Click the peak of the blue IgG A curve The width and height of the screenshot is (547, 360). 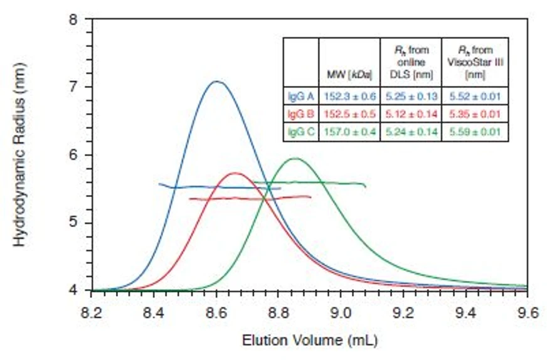pyautogui.click(x=217, y=82)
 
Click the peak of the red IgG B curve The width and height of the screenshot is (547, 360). pyautogui.click(x=235, y=173)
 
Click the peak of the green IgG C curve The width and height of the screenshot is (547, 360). pyautogui.click(x=294, y=158)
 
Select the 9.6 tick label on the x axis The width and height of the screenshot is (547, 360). pyautogui.click(x=526, y=312)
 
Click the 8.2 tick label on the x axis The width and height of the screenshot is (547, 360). pyautogui.click(x=93, y=312)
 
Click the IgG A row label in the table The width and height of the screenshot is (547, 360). pyautogui.click(x=300, y=97)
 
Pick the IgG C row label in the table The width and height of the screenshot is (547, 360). pyautogui.click(x=300, y=132)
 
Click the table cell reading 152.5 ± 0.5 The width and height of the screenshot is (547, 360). pyautogui.click(x=349, y=114)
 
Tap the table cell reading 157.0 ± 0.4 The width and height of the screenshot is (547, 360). pyautogui.click(x=349, y=132)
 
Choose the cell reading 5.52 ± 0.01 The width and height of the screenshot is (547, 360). pyautogui.click(x=474, y=97)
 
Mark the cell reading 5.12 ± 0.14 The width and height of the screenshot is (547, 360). pyautogui.click(x=411, y=114)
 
